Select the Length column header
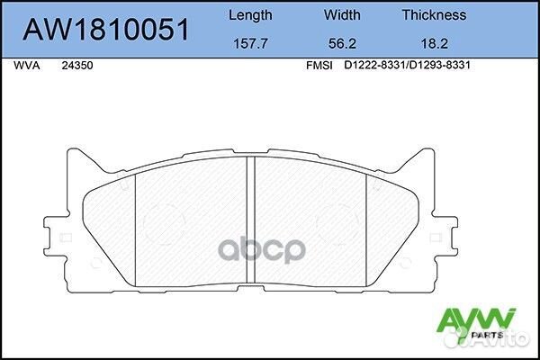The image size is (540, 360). click(252, 15)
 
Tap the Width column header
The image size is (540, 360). click(341, 15)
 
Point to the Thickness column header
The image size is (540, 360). click(433, 15)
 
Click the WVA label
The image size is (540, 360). click(28, 66)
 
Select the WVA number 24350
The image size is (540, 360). click(76, 66)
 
